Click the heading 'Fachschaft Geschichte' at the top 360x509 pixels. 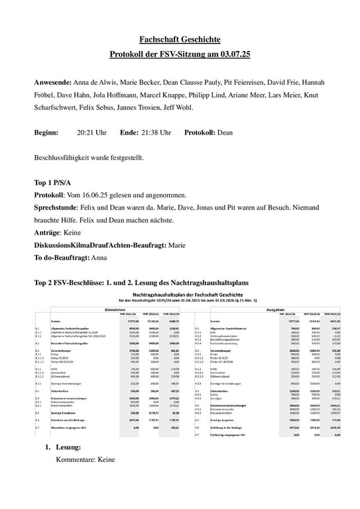180,40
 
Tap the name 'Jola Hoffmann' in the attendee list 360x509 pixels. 126,96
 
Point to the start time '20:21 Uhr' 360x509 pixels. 91,133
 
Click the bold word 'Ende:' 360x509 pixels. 129,133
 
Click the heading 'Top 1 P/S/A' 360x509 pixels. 55,183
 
